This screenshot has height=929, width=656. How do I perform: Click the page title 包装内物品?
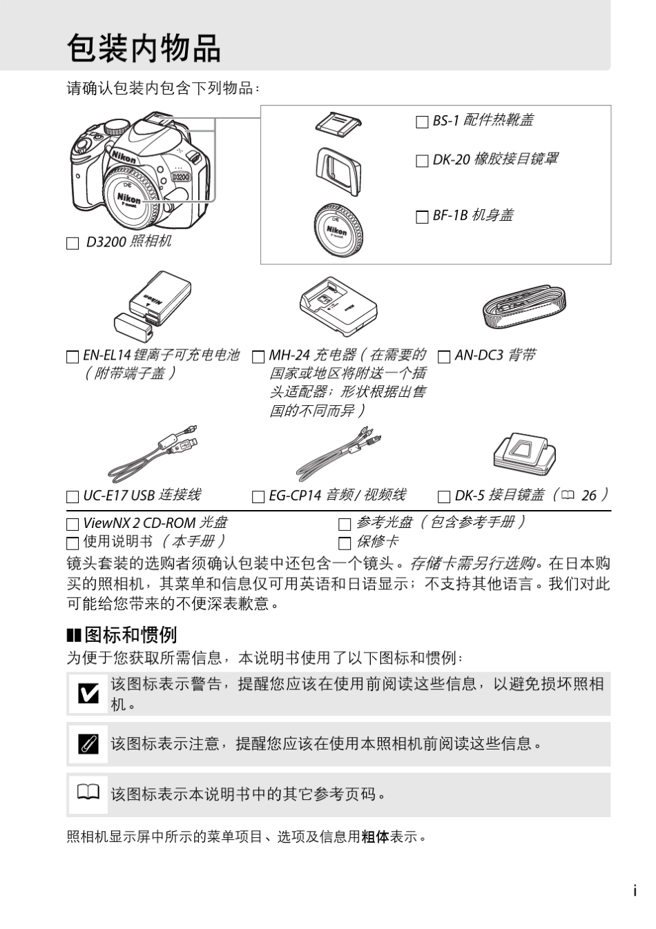144,48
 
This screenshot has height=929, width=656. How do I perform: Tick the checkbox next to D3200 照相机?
73,244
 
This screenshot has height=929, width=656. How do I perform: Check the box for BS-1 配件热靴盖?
422,122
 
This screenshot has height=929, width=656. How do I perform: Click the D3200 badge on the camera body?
180,177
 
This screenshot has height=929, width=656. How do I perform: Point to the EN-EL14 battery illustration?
152,305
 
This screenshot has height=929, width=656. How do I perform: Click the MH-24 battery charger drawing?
338,307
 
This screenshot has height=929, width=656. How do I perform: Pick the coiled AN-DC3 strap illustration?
524,309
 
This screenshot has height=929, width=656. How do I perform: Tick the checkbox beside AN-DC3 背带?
444,357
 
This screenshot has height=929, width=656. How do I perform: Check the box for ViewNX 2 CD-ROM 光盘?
73,525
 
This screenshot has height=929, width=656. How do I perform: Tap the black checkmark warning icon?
88,693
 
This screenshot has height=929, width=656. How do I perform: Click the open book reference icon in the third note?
88,792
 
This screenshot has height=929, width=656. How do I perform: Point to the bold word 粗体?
375,837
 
